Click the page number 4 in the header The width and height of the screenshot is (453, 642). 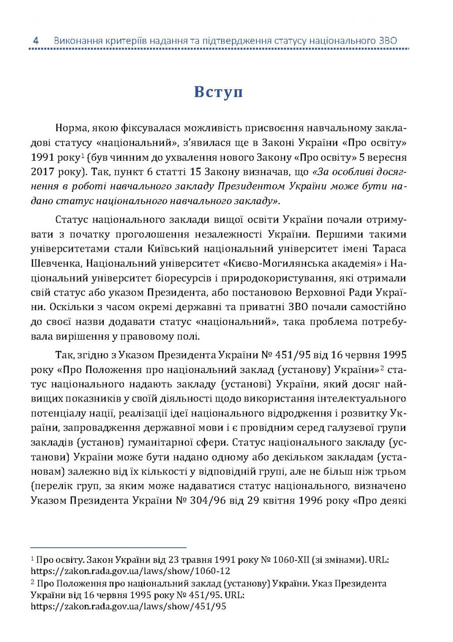36,41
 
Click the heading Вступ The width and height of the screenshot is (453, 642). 218,91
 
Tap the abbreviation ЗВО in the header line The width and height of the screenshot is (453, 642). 387,41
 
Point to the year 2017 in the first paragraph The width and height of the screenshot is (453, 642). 43,172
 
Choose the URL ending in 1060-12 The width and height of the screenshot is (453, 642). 130,571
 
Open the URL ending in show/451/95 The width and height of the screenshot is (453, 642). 129,606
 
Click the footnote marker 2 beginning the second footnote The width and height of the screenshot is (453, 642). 33,582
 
